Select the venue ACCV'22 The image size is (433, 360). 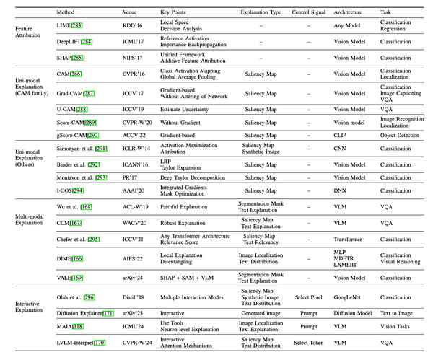[136, 135]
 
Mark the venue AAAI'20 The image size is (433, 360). [136, 190]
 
